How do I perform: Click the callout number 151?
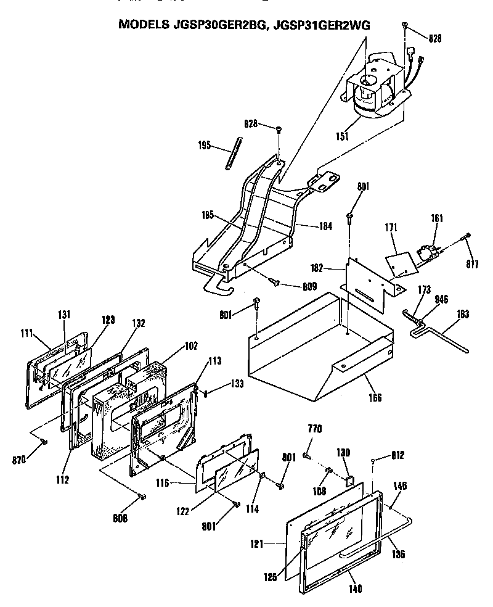coord(339,137)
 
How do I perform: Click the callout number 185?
coord(208,217)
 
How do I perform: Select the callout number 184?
coord(326,226)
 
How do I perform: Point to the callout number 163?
coord(463,315)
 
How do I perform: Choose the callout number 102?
coord(191,346)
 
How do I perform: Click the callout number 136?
coord(399,555)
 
